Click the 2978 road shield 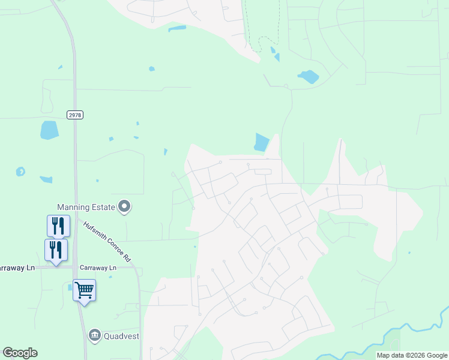tap(74, 115)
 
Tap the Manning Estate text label tap(86, 207)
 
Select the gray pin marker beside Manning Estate tap(125, 207)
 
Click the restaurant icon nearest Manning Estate tap(58, 226)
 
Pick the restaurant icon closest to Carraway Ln tap(56, 250)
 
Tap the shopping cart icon tap(85, 291)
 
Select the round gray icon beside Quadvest tap(94, 335)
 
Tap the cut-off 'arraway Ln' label tap(17, 268)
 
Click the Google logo tap(20, 353)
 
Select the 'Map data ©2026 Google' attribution tap(412, 355)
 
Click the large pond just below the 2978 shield tap(49, 130)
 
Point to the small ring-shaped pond tap(20, 172)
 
